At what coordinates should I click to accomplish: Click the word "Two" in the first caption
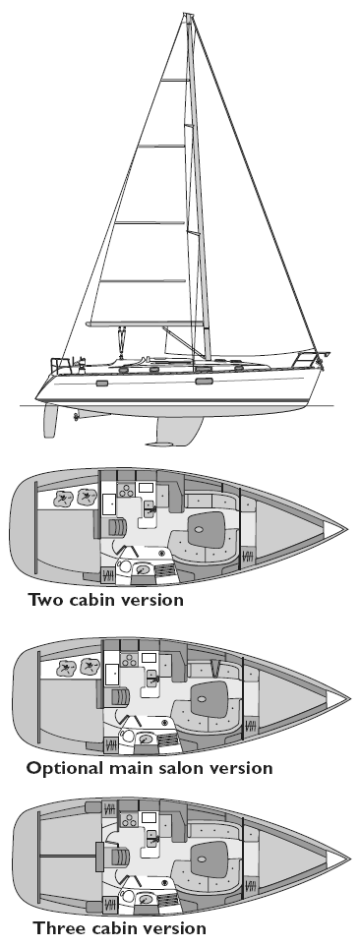click(x=47, y=625)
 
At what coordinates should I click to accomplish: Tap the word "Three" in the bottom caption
click(x=56, y=926)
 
